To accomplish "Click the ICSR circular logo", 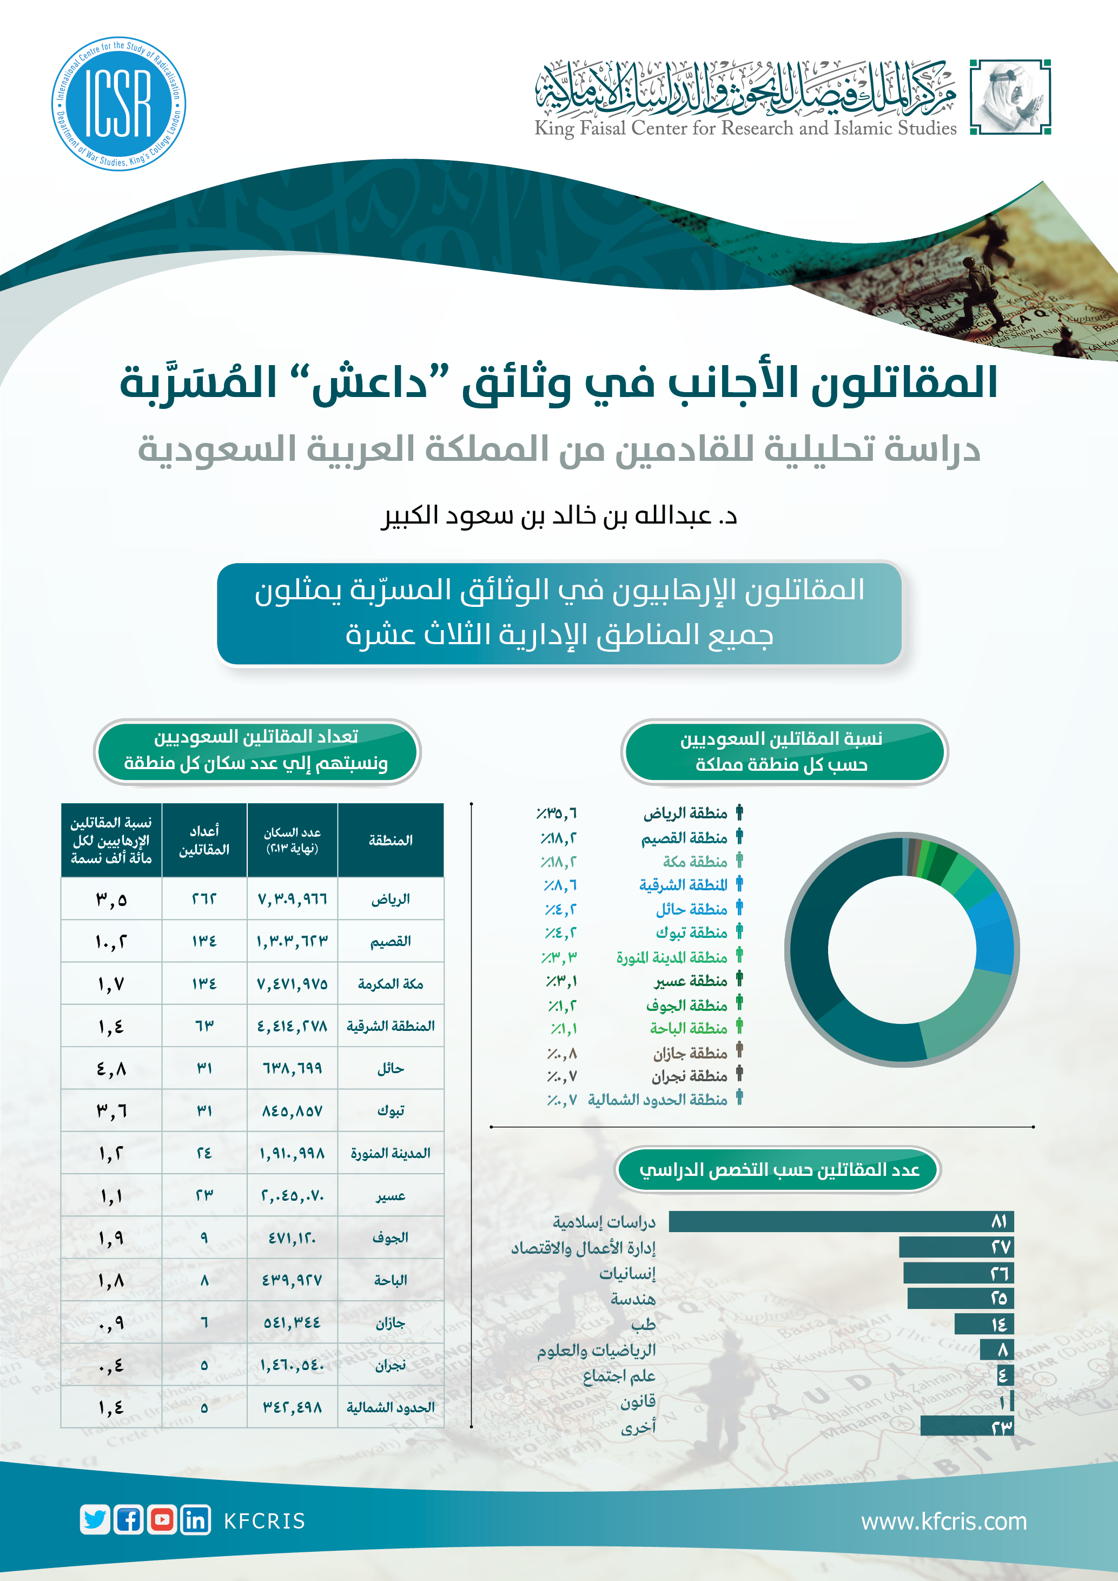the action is point(118,103).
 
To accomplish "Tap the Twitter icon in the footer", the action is point(95,1520).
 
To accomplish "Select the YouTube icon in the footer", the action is point(162,1520).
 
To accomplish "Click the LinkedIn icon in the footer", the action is point(195,1520).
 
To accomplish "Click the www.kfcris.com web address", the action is point(943,1521).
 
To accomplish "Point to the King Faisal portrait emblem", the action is point(1010,97).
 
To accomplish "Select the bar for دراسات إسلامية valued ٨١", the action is point(841,1221).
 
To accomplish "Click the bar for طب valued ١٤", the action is point(984,1324).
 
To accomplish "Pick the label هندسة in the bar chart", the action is point(633,1299).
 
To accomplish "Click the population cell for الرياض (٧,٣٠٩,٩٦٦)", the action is point(292,898).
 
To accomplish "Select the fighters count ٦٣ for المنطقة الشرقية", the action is point(204,1026).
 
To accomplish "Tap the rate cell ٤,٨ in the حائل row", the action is point(111,1069).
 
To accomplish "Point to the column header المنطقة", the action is point(391,840).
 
